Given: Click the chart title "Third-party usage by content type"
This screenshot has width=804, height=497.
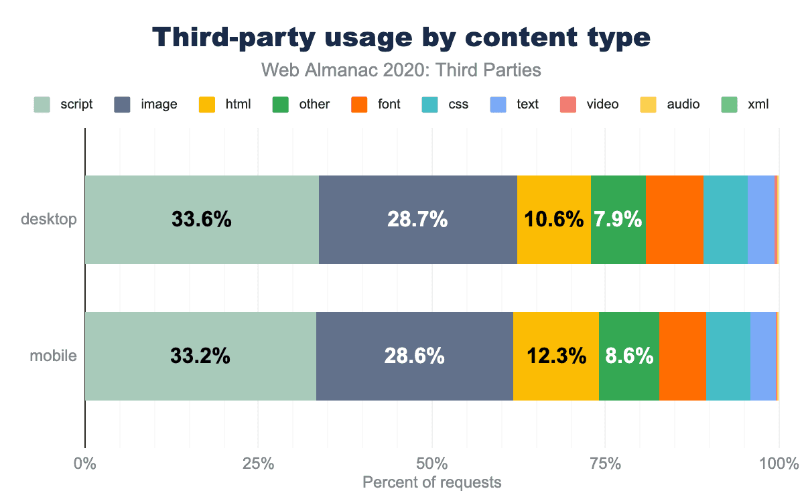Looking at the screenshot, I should coord(401,38).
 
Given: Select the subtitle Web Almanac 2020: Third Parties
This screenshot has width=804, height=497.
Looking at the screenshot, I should coord(401,69).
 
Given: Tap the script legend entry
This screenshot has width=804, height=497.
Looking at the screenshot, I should coord(64,104).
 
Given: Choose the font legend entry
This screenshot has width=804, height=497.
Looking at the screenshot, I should coord(376,104).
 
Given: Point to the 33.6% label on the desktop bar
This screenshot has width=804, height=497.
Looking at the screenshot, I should coord(201,220).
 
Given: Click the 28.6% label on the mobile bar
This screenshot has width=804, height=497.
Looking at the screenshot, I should coord(414,356).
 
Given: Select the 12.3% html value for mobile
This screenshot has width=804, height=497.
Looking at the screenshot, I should coord(555,356).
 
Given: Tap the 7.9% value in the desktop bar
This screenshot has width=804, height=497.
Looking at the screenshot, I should coord(618,220).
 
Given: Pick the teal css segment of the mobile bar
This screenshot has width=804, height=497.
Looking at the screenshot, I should coord(728,356).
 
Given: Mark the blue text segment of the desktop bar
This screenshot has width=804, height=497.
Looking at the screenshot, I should coord(760,220).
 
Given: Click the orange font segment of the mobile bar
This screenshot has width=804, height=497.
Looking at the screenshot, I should coord(682,356).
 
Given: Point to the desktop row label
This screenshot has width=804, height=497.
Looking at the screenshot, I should coord(49,219).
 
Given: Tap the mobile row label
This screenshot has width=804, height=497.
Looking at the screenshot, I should coord(53,356).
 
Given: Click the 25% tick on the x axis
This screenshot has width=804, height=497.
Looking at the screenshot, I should coord(258,462).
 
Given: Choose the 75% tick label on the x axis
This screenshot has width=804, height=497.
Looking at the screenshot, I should coord(605,462).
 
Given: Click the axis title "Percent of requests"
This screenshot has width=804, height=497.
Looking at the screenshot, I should coord(431,482).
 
